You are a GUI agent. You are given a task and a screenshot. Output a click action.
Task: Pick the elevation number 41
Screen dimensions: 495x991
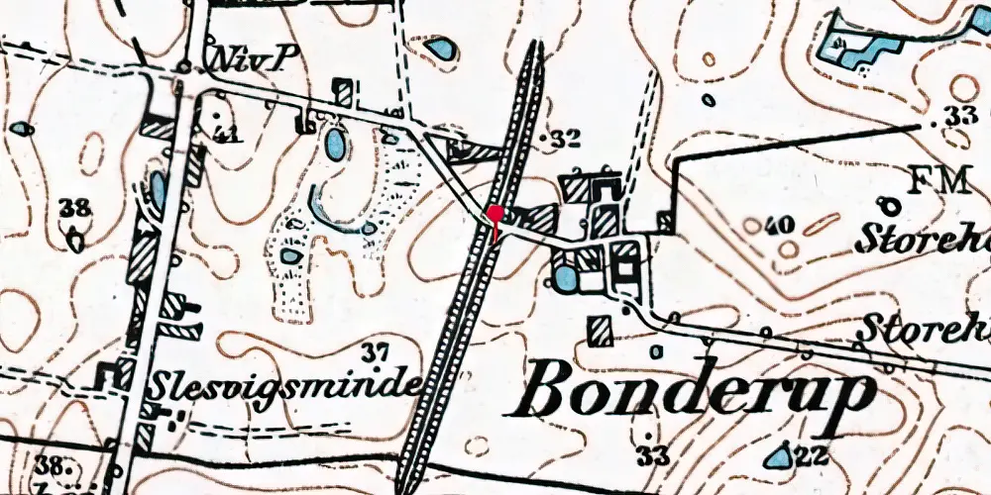pos(226,133)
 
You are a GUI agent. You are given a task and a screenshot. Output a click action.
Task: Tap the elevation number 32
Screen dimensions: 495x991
pos(565,139)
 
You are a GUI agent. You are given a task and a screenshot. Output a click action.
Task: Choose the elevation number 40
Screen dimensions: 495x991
pos(780,226)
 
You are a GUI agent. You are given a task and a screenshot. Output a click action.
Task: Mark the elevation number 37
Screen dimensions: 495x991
pos(374,351)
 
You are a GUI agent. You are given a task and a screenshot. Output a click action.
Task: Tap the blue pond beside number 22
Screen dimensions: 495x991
pos(779,455)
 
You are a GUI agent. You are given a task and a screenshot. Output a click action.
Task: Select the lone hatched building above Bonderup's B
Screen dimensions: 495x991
pos(599,331)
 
